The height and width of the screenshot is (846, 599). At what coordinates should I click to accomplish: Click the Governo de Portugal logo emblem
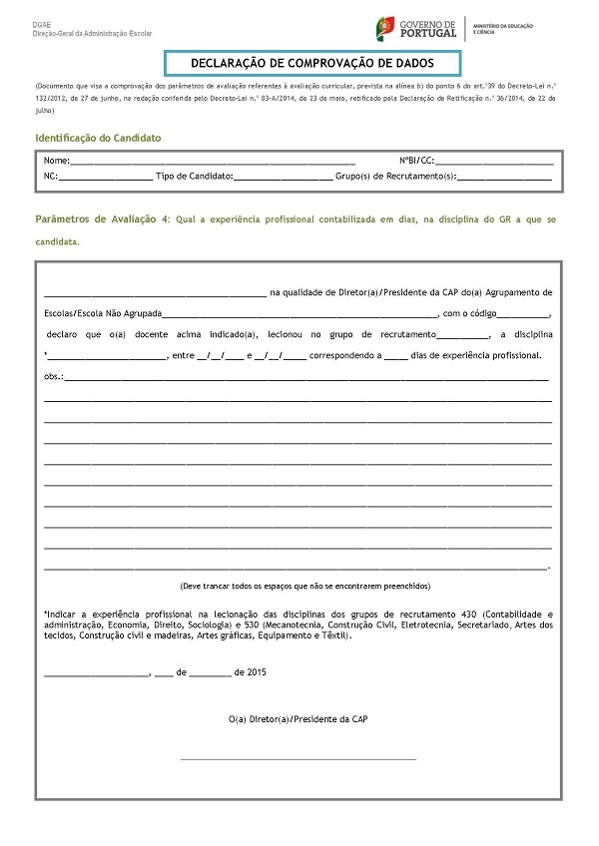tap(383, 28)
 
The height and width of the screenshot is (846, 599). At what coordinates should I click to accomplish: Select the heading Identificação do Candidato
tap(98, 138)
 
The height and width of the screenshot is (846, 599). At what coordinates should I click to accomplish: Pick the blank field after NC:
tap(106, 177)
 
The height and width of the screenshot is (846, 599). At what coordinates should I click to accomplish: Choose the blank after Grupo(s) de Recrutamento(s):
tap(504, 177)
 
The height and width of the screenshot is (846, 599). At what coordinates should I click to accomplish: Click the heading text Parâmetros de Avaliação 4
tap(102, 217)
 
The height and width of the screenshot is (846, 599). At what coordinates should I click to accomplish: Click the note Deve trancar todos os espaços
tap(299, 585)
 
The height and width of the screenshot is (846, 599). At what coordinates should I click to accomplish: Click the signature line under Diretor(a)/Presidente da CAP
tap(299, 759)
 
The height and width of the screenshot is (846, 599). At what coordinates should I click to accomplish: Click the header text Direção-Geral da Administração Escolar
tap(92, 33)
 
